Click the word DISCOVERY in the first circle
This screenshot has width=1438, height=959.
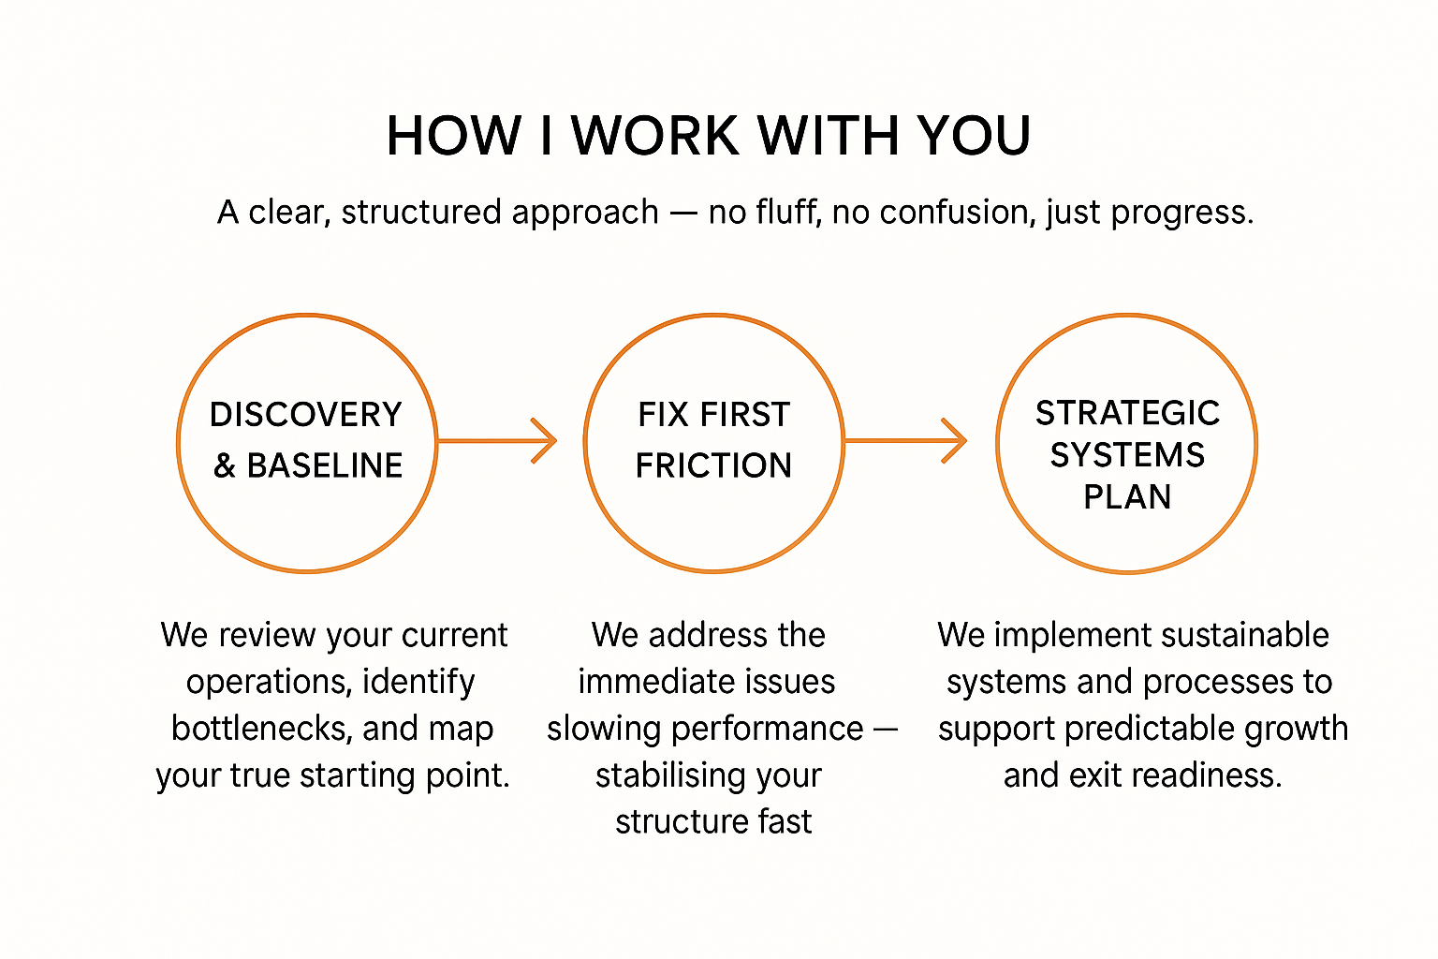click(306, 415)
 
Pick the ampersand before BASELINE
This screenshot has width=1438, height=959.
click(225, 465)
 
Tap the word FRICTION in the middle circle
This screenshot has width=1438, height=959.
click(713, 465)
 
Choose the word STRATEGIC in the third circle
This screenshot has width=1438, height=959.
click(1127, 413)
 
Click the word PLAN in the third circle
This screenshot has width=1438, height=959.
click(1127, 496)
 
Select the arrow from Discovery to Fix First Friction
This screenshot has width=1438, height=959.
click(497, 440)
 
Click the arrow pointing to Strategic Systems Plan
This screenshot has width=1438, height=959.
click(905, 440)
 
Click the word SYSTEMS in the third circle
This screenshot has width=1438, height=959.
click(1127, 455)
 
